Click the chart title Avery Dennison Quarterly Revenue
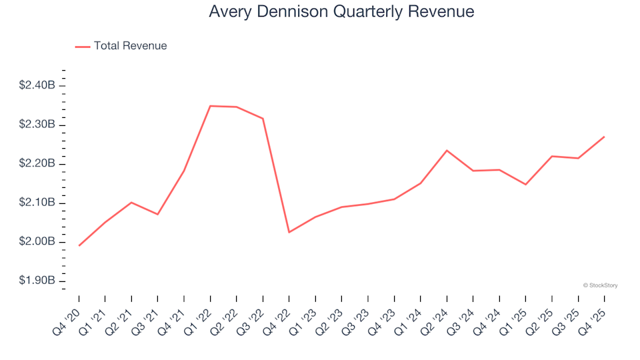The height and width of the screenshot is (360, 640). (341, 11)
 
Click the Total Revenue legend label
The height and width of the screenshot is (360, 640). (130, 46)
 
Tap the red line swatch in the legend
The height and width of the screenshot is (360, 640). (83, 47)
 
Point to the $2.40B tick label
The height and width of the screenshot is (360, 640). (37, 85)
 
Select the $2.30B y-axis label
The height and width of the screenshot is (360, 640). (37, 125)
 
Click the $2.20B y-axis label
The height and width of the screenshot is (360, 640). (37, 163)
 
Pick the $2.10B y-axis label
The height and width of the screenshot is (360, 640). (37, 203)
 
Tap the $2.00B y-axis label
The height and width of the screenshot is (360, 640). (37, 241)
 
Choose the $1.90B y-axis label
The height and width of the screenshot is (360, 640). (37, 281)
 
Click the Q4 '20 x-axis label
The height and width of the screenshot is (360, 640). (69, 314)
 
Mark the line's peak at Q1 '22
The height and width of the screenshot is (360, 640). (210, 106)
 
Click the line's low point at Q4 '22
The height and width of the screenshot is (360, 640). (289, 232)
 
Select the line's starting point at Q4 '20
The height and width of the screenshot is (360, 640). (79, 245)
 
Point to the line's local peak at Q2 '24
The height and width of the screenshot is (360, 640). (447, 150)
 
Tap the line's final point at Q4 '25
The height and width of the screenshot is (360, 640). (604, 137)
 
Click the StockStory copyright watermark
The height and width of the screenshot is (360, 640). (600, 285)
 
